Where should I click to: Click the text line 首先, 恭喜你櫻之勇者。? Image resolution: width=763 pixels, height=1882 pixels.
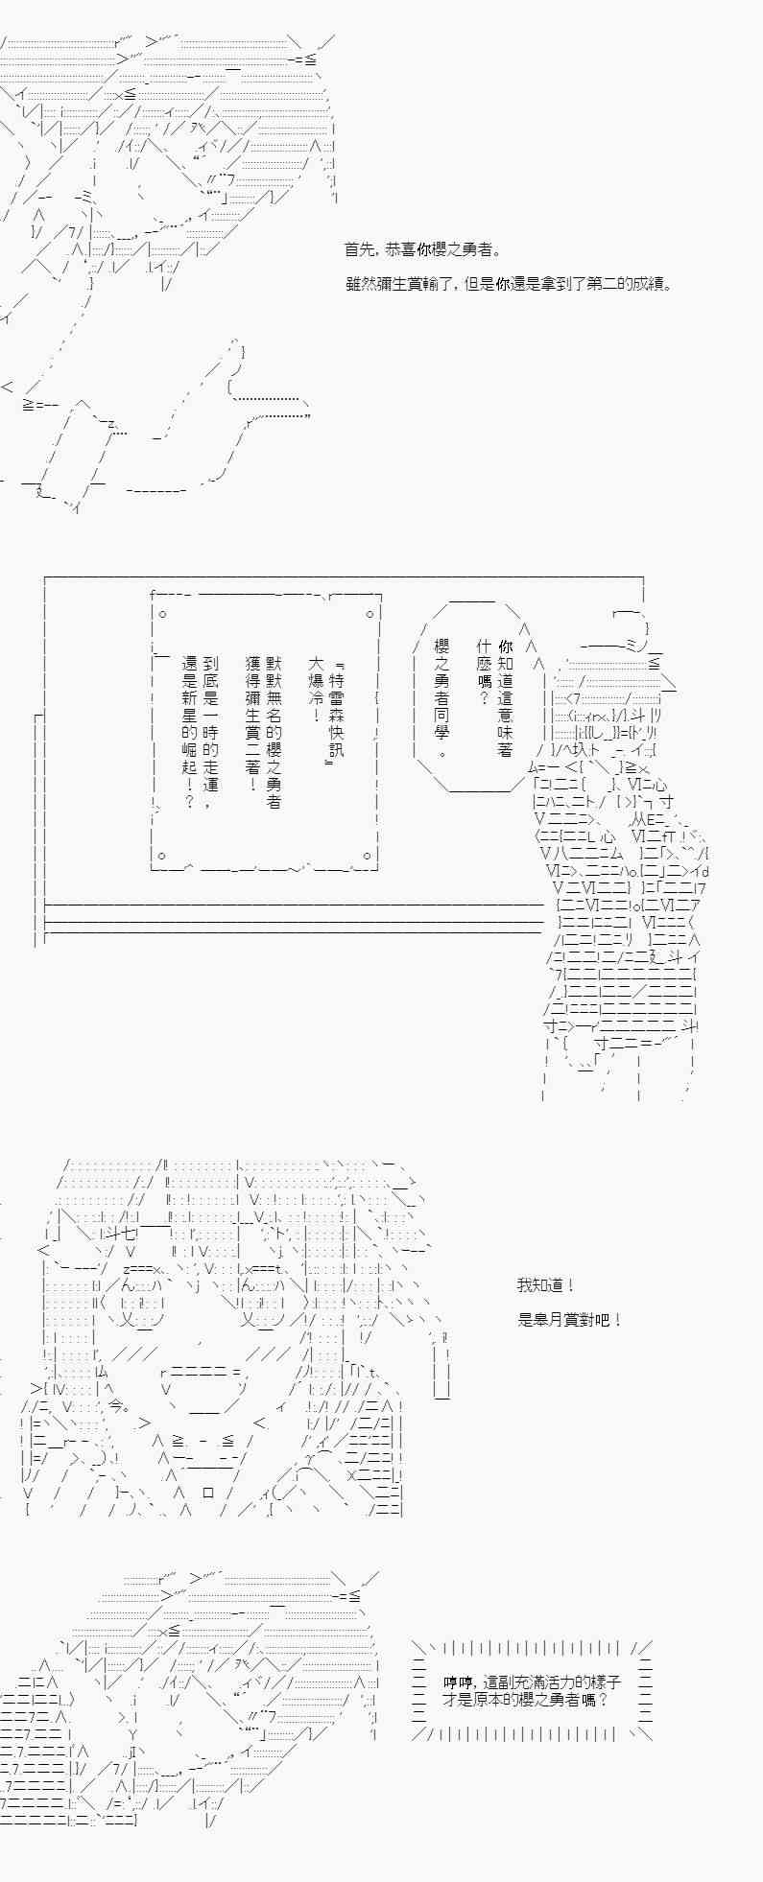(x=422, y=249)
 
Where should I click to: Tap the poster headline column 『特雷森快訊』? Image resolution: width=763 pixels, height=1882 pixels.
(x=335, y=711)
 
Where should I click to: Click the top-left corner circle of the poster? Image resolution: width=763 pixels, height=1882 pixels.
(x=162, y=613)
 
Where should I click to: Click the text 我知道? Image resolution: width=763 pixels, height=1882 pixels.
(x=546, y=1285)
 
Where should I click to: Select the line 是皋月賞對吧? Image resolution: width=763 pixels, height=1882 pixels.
(x=570, y=1320)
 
